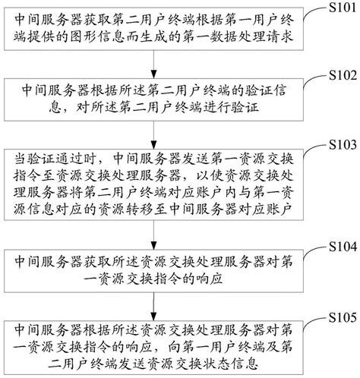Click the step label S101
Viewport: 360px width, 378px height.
point(338,8)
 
